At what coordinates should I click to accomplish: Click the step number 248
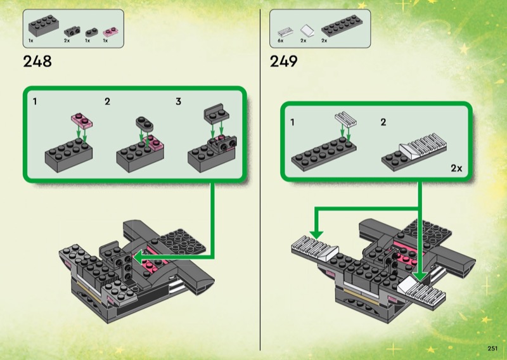pos(37,61)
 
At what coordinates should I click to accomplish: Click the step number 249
pos(283,61)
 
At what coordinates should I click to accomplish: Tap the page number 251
pos(492,349)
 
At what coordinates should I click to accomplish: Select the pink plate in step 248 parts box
pos(110,32)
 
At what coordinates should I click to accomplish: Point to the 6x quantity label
pos(280,41)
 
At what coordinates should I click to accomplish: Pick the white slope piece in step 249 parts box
pos(307,30)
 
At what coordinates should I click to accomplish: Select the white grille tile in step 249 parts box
pos(285,32)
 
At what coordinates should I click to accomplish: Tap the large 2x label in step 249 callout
pos(456,168)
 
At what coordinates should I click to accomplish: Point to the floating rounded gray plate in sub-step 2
pos(144,124)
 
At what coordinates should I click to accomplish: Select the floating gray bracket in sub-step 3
pos(217,113)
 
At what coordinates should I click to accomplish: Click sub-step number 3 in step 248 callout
pos(178,101)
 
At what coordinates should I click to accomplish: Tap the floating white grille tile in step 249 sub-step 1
pos(345,119)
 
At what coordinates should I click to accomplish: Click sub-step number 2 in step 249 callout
pos(383,122)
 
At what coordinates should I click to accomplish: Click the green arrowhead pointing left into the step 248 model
pos(138,258)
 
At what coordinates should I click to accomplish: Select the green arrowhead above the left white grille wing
pos(316,235)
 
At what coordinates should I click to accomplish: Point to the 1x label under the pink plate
pos(105,41)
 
